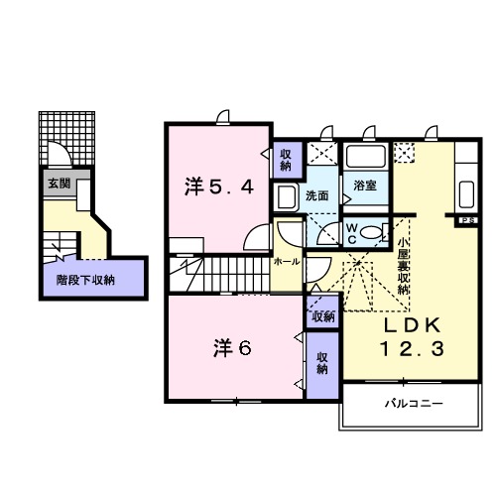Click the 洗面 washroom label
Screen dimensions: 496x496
[x=316, y=195]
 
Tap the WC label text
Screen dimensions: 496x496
[x=353, y=231]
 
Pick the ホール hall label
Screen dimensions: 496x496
[x=286, y=262]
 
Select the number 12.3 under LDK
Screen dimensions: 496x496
[x=409, y=349]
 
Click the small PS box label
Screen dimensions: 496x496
[x=466, y=219]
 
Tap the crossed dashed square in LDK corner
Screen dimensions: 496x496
[x=404, y=153]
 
